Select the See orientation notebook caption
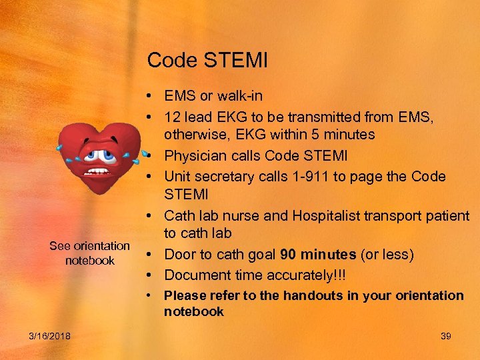[x=89, y=253]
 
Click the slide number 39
[x=446, y=336]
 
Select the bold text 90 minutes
[x=318, y=254]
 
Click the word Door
[x=180, y=254]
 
